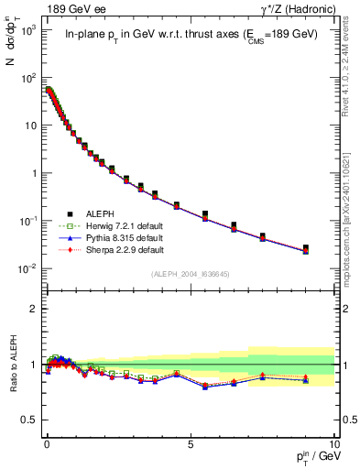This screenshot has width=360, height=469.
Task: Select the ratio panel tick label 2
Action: point(31,309)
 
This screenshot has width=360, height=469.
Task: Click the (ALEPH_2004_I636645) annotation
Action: point(191,274)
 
